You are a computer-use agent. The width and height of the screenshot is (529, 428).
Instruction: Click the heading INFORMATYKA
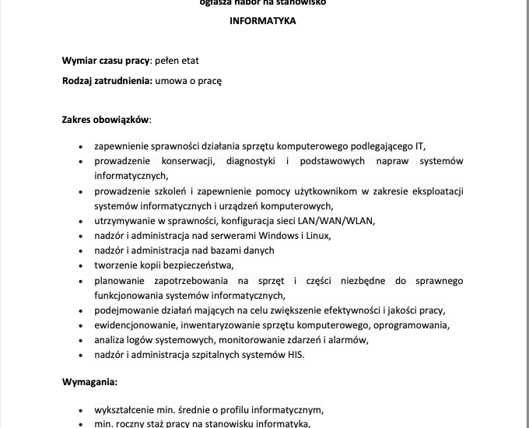pos(263,22)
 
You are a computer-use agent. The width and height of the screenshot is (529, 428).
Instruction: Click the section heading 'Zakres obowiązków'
pos(106,120)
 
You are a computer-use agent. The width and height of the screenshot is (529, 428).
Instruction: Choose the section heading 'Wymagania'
pos(89,382)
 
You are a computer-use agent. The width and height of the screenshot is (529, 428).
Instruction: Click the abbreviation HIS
pos(296,355)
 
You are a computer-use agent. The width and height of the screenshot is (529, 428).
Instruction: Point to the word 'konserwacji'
pos(187,161)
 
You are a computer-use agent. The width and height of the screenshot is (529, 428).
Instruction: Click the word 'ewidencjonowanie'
pos(133,325)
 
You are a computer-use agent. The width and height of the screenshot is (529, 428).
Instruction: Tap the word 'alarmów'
pos(347,340)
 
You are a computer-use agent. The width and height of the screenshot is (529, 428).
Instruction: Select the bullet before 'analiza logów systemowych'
pos(82,341)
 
